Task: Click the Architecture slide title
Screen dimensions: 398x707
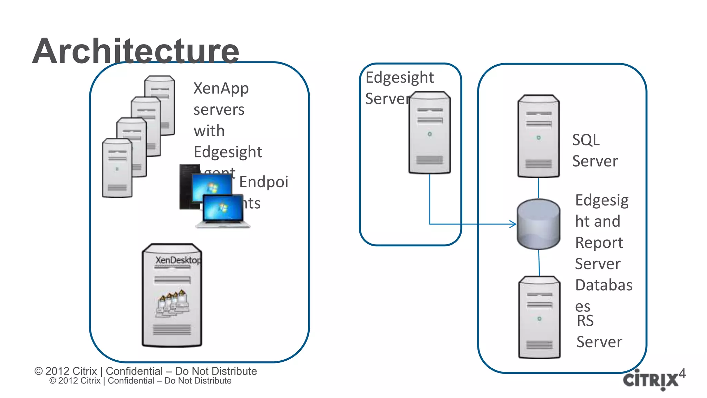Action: click(136, 51)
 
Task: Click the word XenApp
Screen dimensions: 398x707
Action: click(221, 89)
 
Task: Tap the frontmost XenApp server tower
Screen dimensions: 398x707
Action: click(117, 168)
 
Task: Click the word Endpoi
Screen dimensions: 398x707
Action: click(263, 182)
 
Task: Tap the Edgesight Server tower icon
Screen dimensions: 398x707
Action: click(429, 133)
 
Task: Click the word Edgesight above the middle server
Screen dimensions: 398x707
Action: click(399, 77)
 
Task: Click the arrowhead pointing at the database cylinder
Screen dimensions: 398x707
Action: click(513, 224)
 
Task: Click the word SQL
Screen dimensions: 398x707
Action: click(586, 140)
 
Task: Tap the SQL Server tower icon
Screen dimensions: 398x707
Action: click(538, 136)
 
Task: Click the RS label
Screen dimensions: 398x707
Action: click(585, 321)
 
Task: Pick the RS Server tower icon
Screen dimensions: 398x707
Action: click(539, 317)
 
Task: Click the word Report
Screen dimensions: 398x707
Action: click(599, 243)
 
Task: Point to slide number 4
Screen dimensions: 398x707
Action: click(682, 373)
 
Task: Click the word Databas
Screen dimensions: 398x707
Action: click(604, 285)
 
